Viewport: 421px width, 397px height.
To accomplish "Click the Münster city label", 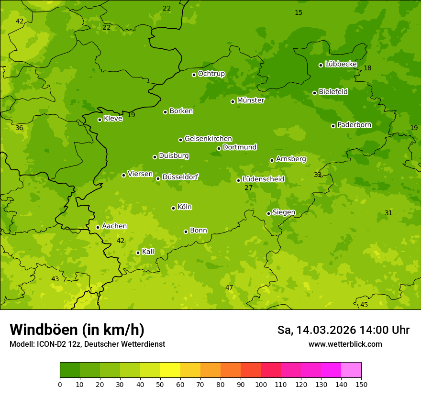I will (x=250, y=100).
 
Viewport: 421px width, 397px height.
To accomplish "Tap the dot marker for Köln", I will (x=173, y=208).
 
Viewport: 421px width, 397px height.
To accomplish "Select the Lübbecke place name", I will (x=341, y=64).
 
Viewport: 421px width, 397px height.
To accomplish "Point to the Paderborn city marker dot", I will (x=333, y=126).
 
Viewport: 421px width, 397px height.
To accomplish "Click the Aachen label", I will (x=114, y=226).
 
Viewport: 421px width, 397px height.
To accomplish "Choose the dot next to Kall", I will (x=138, y=253).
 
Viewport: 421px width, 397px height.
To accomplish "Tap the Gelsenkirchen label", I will (x=208, y=139).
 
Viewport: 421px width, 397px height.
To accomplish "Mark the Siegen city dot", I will (x=268, y=213).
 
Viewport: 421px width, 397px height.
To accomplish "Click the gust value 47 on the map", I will (x=229, y=287).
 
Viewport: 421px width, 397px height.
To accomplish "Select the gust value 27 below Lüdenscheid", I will (x=248, y=188).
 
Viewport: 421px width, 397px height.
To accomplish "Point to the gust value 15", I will (x=299, y=12).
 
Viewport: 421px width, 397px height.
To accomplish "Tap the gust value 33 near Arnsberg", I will (x=318, y=175).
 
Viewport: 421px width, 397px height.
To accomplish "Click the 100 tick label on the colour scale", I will (x=261, y=384).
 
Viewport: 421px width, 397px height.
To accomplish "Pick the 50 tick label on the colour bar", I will (x=160, y=384).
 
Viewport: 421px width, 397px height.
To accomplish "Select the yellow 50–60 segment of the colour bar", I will (x=170, y=370).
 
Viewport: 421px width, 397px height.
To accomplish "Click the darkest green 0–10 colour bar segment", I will (x=70, y=370).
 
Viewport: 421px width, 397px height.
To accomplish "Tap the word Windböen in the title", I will (x=43, y=330).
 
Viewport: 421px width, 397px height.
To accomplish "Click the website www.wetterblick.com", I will (x=345, y=344).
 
